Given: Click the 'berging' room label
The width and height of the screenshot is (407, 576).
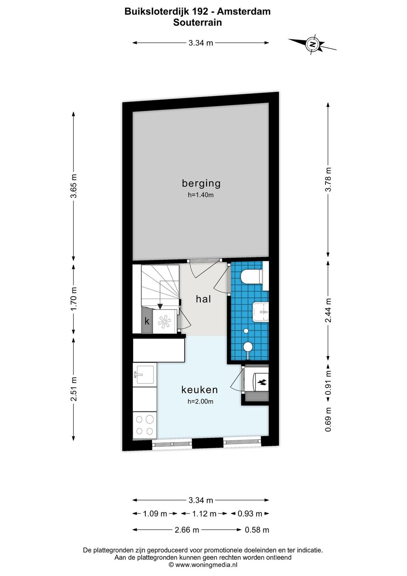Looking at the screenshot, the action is pos(201,184).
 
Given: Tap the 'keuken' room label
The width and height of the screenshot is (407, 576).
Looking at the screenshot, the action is pos(199,390).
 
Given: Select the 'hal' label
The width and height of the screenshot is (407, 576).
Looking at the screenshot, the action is pos(203,299).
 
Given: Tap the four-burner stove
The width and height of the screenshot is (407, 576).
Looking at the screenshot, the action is pos(144,425).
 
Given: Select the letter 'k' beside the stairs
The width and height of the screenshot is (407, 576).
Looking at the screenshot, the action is pos(147,321).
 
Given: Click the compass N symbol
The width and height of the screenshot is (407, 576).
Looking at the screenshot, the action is pos(312,44).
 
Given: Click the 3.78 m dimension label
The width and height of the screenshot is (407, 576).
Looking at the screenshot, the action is pos(328,179).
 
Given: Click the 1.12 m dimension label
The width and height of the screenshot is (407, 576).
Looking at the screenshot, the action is pos(204,514).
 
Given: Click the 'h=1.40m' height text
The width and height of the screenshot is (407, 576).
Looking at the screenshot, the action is pos(201,195).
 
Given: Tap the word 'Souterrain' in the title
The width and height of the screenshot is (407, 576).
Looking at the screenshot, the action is pos(197,22).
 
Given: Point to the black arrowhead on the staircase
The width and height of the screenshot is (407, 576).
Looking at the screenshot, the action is pos(160,306).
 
